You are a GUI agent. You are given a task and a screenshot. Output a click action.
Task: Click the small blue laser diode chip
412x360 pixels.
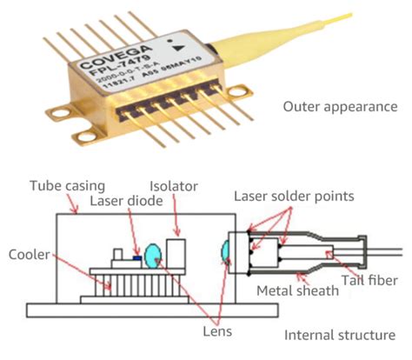(137, 257)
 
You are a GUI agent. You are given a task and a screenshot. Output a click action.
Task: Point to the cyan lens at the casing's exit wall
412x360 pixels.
(225, 251)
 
